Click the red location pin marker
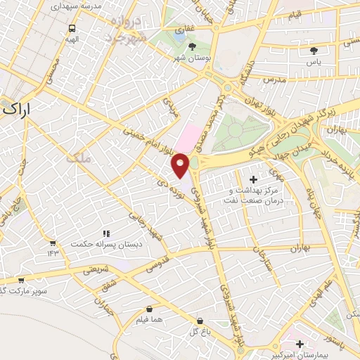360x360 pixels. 181,165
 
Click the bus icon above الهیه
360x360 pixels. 72,30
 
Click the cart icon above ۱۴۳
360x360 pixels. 52,241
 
